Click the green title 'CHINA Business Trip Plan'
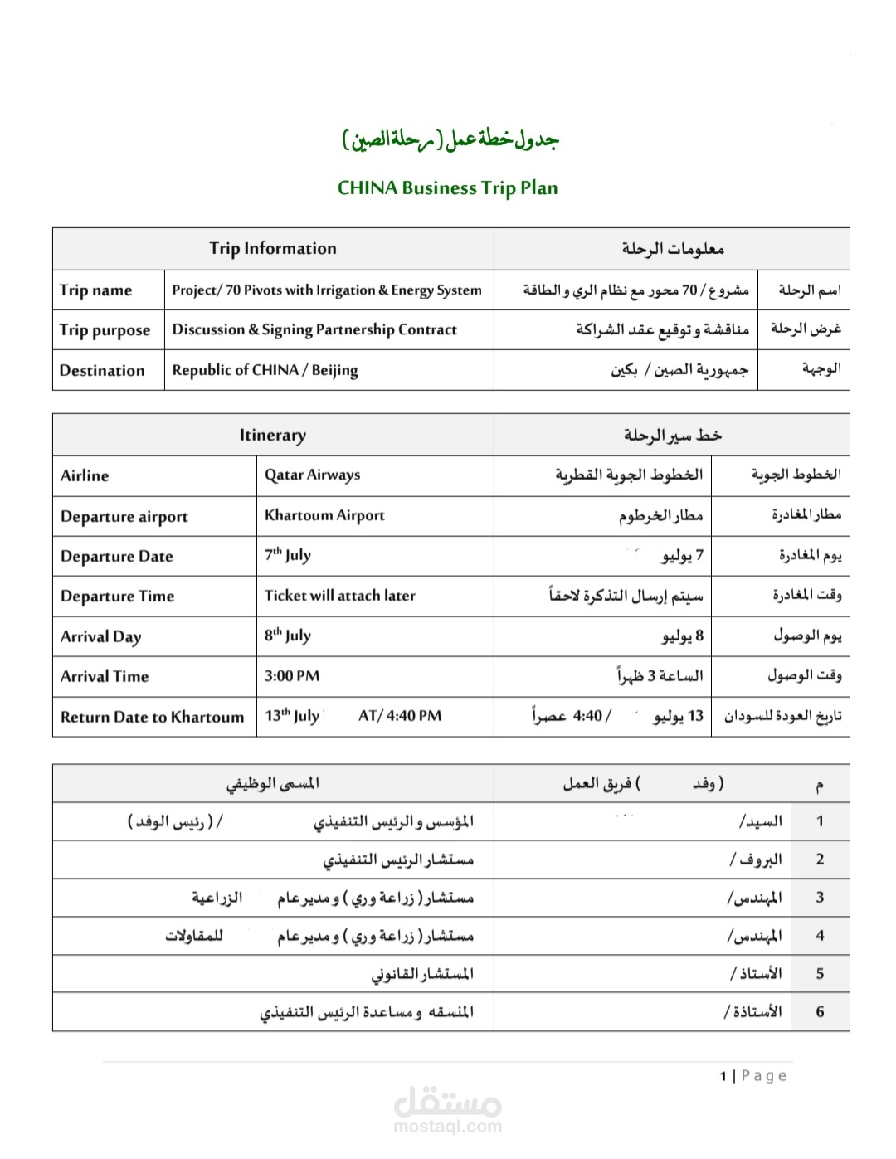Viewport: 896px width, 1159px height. (x=447, y=188)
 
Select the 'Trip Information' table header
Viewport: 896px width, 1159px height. (x=273, y=248)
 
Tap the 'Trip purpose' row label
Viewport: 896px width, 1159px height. (x=105, y=330)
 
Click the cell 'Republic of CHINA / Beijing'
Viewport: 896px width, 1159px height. (x=265, y=370)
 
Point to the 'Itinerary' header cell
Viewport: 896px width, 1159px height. (x=273, y=435)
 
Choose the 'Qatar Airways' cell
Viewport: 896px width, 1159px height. (x=312, y=475)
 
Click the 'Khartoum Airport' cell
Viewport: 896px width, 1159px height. (x=324, y=515)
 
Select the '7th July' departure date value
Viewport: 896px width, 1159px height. (x=287, y=555)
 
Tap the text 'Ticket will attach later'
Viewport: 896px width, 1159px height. (x=339, y=596)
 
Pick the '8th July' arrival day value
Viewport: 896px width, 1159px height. (x=287, y=636)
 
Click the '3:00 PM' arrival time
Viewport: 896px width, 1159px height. (x=291, y=676)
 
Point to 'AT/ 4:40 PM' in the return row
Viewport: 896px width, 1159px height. (x=400, y=716)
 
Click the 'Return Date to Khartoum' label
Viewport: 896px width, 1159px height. (x=152, y=717)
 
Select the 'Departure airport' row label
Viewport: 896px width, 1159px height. (x=124, y=516)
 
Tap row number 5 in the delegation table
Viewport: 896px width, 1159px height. (x=820, y=973)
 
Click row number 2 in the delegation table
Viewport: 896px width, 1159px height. (x=820, y=860)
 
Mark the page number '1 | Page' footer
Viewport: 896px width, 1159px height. (x=752, y=1076)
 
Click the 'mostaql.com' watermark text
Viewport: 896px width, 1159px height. (x=447, y=1126)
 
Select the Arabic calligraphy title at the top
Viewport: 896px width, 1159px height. (x=450, y=139)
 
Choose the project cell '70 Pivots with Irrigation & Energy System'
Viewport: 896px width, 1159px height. (x=327, y=290)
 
